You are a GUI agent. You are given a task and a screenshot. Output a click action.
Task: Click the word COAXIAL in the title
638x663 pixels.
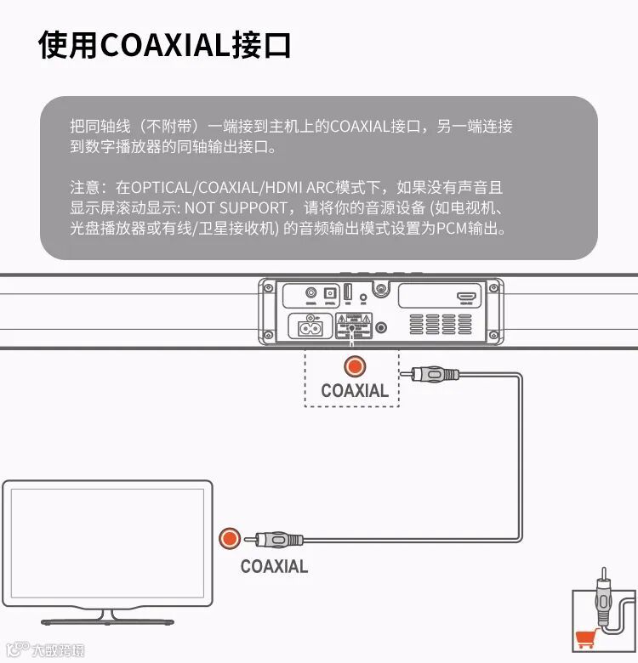(165, 45)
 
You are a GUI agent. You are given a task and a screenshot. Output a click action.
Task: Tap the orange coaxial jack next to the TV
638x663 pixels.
(229, 539)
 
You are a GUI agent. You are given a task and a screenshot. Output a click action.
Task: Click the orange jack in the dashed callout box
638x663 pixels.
(354, 367)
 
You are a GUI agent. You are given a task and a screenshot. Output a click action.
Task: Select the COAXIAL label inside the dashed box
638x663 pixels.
(354, 391)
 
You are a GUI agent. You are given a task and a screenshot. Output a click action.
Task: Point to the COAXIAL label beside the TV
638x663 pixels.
(274, 566)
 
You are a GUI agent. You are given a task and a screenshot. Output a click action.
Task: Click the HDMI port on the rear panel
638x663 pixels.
(465, 297)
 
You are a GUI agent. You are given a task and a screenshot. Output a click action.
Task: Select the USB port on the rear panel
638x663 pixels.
(347, 293)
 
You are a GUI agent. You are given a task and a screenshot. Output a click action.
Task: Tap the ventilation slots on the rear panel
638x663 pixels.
(442, 325)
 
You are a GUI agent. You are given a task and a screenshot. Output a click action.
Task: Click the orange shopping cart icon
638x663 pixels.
(585, 637)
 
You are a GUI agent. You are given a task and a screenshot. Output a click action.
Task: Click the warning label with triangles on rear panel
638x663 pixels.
(355, 325)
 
